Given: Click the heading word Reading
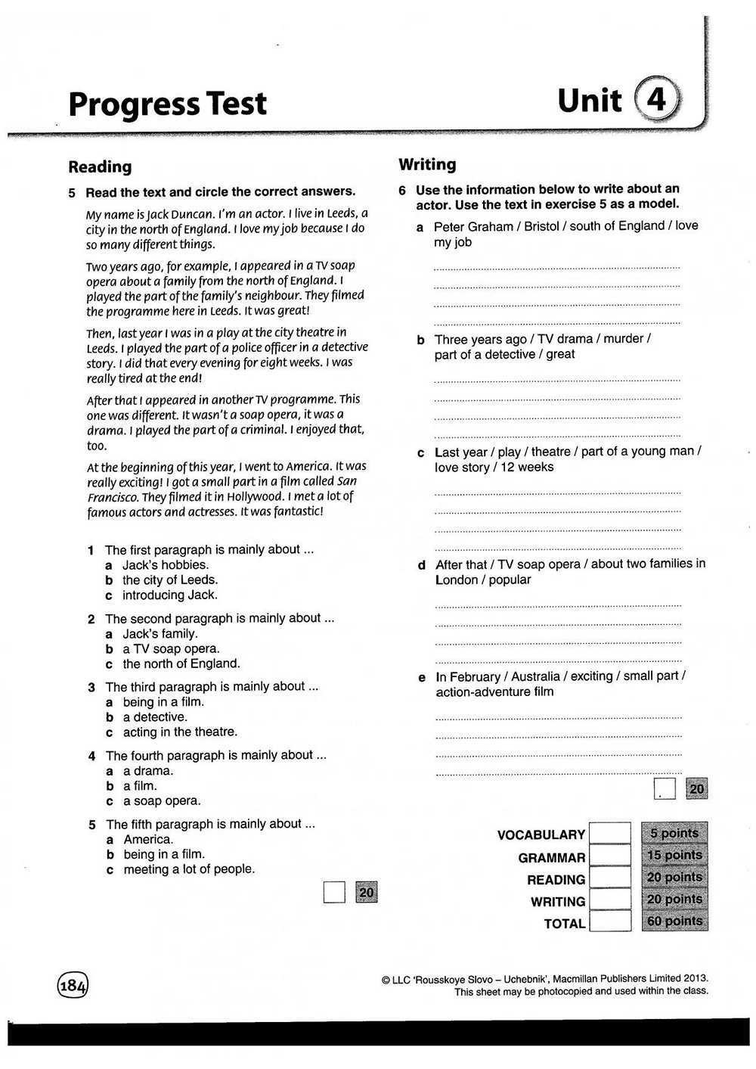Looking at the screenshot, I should pos(100,166).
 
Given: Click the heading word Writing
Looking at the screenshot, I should pos(427,164).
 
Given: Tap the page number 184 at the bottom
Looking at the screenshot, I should pos(73,985).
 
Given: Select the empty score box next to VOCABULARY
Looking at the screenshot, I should pos(609,834).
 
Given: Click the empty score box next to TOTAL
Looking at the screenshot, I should pos(609,921).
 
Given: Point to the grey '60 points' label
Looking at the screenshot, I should pos(674,921).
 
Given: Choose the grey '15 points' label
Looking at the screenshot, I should pos(674,855).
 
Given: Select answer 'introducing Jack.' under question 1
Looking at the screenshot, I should pos(170,595).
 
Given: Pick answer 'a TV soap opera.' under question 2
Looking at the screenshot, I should pos(172,648).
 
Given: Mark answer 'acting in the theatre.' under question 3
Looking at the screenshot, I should pos(180,732).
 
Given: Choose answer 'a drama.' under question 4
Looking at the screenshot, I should pos(148,771).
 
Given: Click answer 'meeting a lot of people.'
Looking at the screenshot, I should pos(189,869).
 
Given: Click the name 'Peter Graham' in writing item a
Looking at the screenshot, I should pos(463,226).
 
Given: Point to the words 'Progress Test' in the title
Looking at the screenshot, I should pos(167,104).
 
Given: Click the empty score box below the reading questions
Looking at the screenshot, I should pos(334,893).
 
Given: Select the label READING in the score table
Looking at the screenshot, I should pos(556,880).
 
